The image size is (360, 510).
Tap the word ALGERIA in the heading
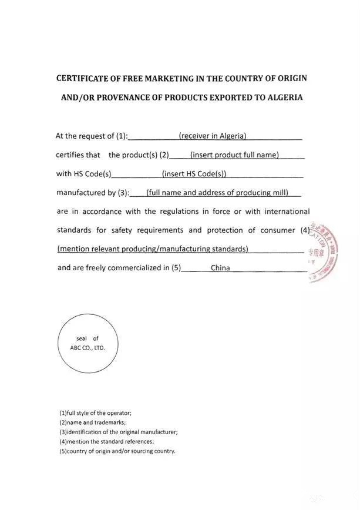282,97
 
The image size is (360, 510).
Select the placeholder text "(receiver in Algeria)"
213,136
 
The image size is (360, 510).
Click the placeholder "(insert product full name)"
234,155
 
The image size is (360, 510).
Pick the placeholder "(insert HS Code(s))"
194,174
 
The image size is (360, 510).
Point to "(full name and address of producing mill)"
216,192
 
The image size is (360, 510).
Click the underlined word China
220,268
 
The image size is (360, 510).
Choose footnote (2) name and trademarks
92,422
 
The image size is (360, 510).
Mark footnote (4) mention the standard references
106,441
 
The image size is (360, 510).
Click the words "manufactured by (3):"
92,192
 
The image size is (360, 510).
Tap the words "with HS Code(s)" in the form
83,174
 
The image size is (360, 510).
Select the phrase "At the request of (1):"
91,136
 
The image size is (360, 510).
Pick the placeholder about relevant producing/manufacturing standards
153,249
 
